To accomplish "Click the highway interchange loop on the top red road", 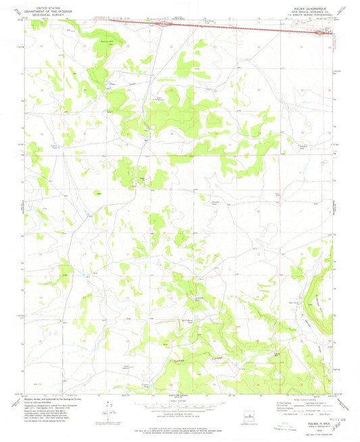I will [x=162, y=24].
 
